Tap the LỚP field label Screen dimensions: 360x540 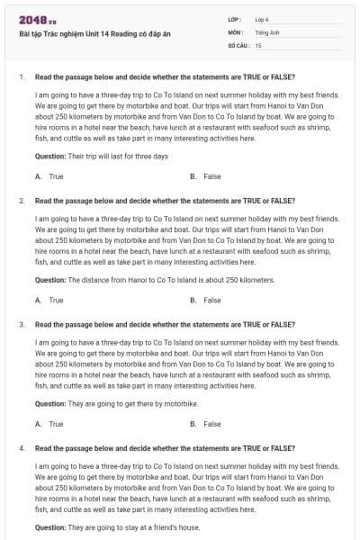coord(235,18)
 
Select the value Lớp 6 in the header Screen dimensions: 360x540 coord(262,18)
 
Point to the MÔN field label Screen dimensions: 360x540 coord(236,31)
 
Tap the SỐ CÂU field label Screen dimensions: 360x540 coord(238,43)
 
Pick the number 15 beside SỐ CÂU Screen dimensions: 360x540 coord(258,43)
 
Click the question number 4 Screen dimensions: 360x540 coord(21,447)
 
